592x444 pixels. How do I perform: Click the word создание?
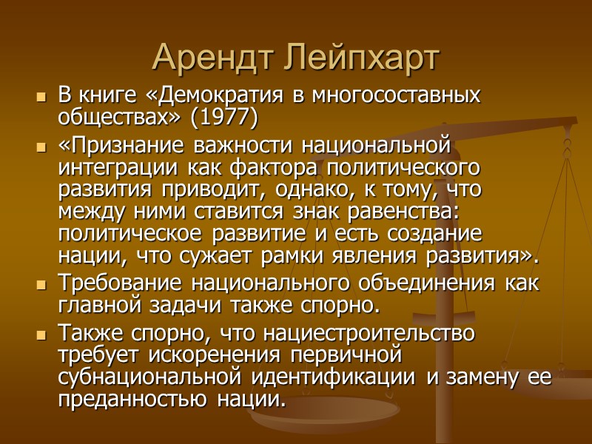point(442,235)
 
